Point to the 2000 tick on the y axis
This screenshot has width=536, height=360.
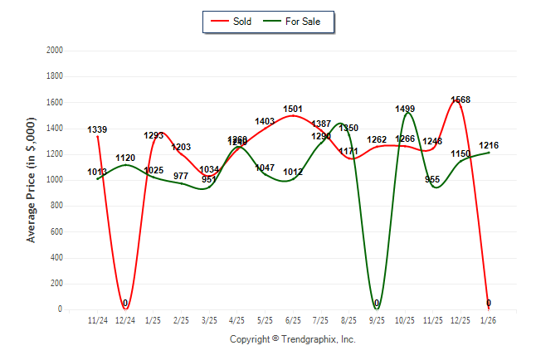click(x=55, y=51)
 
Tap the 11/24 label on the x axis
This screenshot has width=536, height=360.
click(x=98, y=319)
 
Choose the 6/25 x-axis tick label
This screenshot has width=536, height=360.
click(x=293, y=319)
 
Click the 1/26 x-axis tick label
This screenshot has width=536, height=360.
click(x=489, y=319)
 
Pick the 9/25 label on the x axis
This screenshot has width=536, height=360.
click(x=377, y=319)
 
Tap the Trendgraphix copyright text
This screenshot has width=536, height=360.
click(x=292, y=339)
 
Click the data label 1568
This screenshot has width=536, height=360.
click(x=460, y=100)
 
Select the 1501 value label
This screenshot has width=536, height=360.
click(x=293, y=109)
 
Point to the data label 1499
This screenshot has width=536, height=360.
click(x=405, y=109)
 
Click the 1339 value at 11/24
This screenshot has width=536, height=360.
click(x=98, y=129)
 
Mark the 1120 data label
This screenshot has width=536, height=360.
click(x=125, y=158)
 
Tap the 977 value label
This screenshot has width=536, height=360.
click(x=181, y=176)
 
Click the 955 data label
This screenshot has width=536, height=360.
click(x=432, y=179)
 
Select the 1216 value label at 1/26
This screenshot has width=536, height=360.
click(x=489, y=145)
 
